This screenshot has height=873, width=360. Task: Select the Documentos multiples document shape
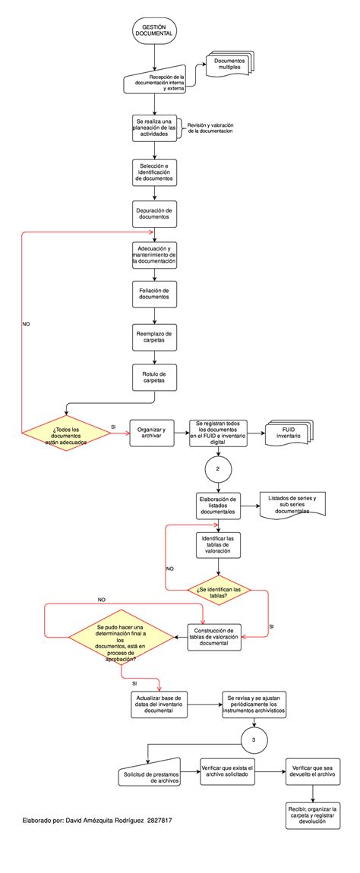(x=229, y=65)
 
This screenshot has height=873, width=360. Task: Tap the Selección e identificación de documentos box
(x=154, y=171)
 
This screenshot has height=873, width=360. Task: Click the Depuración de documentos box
(x=154, y=213)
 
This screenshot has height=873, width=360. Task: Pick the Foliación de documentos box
(x=154, y=293)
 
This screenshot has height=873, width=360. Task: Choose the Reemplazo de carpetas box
(x=154, y=337)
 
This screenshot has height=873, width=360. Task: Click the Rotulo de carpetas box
(x=154, y=377)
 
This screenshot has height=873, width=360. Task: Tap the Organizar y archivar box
(x=153, y=430)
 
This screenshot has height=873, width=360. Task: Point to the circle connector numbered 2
(x=218, y=469)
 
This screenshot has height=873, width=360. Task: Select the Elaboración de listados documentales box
(x=218, y=506)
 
